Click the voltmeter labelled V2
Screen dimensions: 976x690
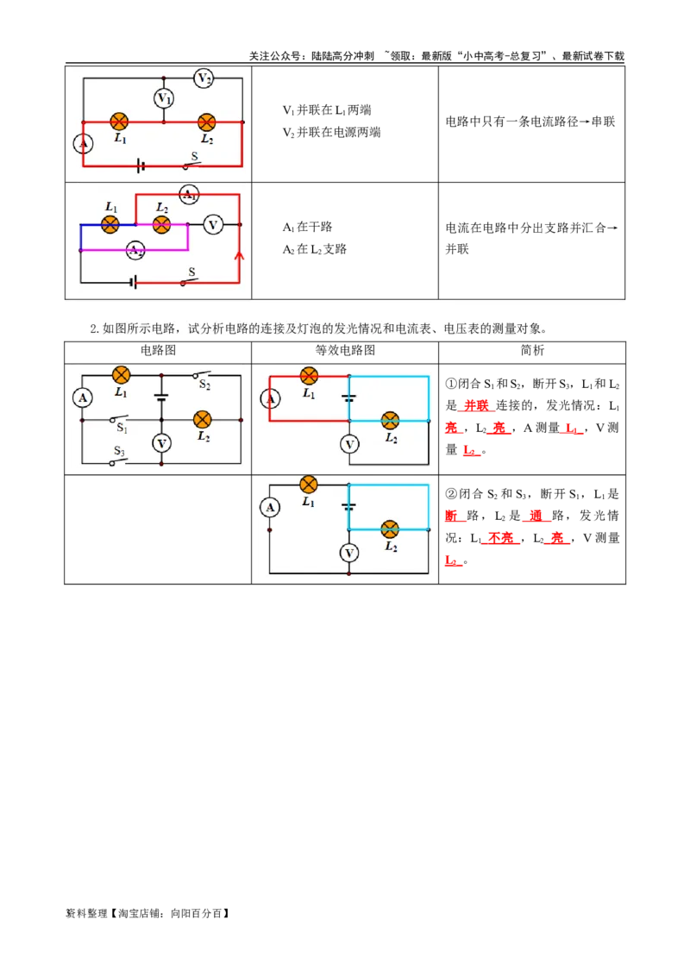pos(204,78)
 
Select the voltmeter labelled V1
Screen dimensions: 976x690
pos(164,98)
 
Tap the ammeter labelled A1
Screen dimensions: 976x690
pos(189,195)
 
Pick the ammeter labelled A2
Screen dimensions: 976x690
pos(135,250)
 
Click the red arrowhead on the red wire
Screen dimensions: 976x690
pos(240,256)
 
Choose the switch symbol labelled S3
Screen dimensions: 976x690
pos(119,460)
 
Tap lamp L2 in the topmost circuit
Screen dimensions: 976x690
pos(206,122)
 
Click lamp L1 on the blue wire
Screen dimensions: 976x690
pos(110,224)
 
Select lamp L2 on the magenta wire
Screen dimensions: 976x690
pos(160,225)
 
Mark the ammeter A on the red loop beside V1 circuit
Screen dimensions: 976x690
pos(83,144)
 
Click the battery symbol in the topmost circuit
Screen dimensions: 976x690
pos(141,165)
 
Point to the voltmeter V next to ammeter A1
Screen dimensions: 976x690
pos(212,225)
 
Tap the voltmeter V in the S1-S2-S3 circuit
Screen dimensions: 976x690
pos(161,443)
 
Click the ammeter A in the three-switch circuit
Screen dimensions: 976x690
pos(82,397)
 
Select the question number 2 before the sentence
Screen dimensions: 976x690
pos(94,329)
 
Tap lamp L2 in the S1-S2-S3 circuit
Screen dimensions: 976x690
pos(202,420)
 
